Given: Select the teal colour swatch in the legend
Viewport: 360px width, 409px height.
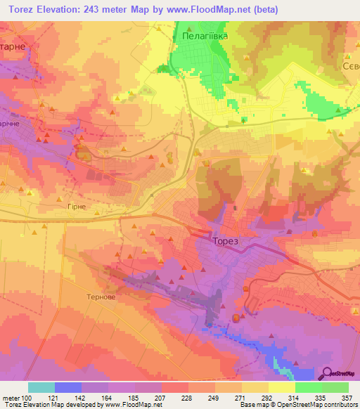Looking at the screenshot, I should tap(41, 387).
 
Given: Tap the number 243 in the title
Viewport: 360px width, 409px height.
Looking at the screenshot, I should tap(96, 9).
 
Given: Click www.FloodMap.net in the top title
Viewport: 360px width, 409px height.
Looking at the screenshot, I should tap(207, 9).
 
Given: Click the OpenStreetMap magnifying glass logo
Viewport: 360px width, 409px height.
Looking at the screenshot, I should tap(328, 374).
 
